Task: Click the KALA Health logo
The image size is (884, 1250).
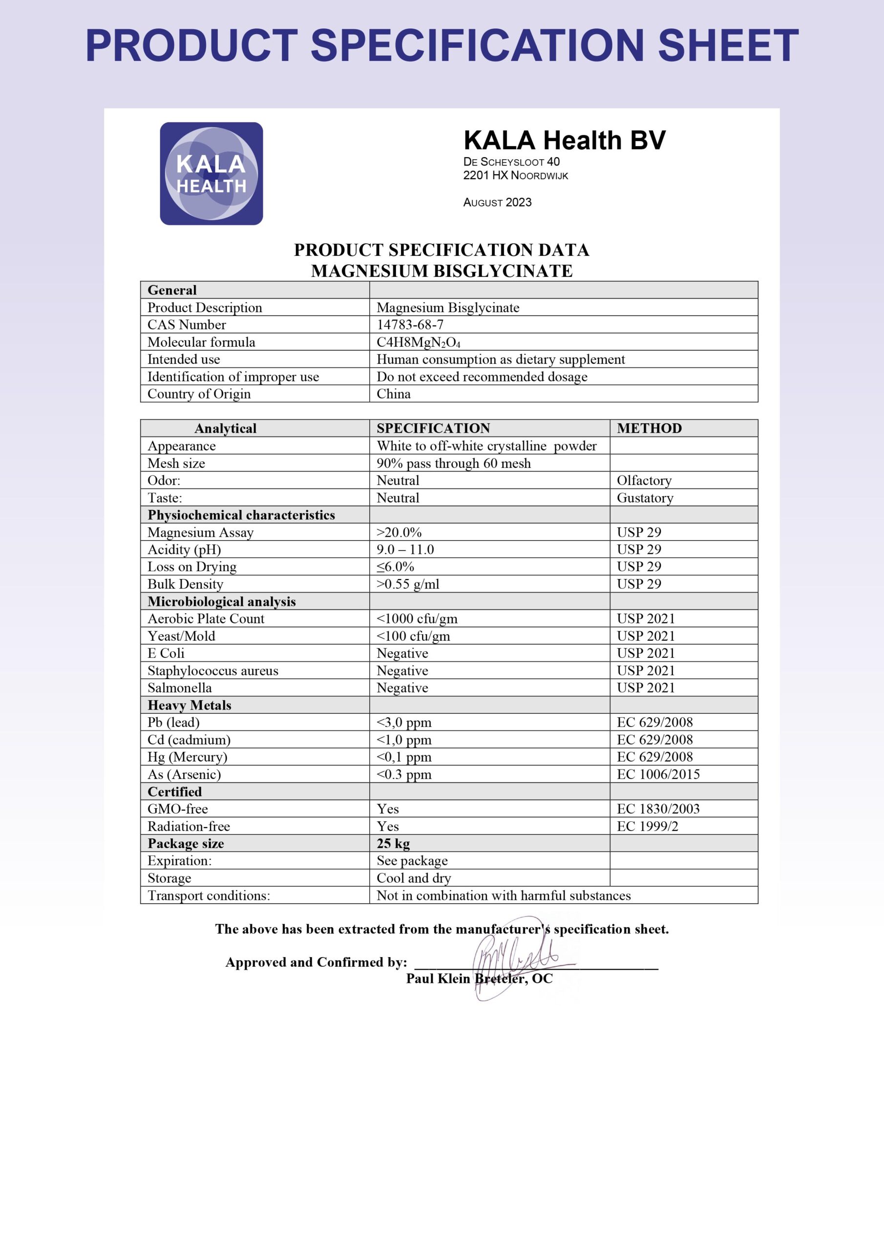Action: [x=211, y=174]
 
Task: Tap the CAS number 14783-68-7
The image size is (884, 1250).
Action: [x=410, y=325]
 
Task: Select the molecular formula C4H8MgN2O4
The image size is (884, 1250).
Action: [x=418, y=342]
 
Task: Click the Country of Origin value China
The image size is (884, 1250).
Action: [x=393, y=394]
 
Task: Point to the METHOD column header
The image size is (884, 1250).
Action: [x=649, y=428]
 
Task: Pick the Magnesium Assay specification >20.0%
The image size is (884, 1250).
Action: [x=399, y=532]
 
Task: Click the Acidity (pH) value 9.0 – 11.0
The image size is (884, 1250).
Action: [x=405, y=549]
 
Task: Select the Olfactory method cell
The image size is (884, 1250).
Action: [x=644, y=480]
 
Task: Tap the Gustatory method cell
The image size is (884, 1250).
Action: [x=645, y=498]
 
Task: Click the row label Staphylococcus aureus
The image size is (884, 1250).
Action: [x=212, y=670]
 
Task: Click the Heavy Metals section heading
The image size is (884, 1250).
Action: [x=189, y=705]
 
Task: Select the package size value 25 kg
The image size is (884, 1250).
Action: [x=393, y=843]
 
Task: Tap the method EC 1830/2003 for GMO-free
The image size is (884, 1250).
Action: [x=658, y=809]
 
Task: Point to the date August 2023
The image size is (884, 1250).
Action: [x=497, y=203]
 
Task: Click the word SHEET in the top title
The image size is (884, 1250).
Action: [x=728, y=46]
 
